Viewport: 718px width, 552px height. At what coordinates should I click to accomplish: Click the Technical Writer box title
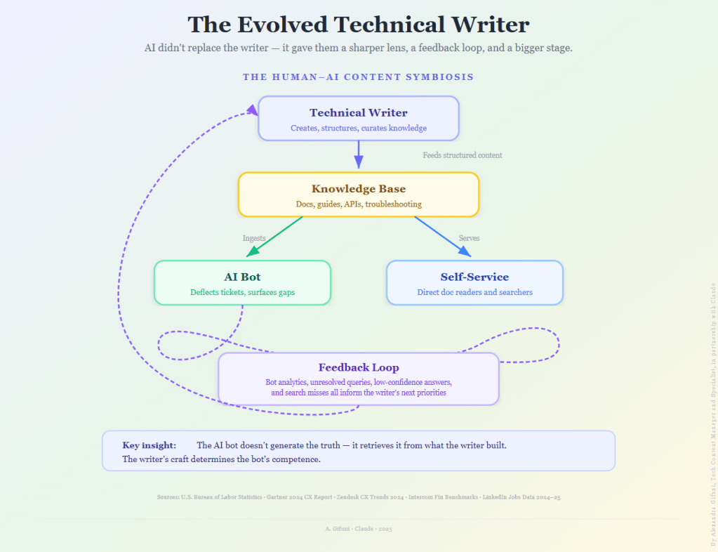point(358,112)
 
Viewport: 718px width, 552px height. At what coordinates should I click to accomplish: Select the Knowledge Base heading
point(358,189)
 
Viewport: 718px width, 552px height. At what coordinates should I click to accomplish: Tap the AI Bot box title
point(242,277)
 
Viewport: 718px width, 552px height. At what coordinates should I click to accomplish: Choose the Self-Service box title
point(474,277)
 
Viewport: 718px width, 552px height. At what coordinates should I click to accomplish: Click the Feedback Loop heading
point(358,367)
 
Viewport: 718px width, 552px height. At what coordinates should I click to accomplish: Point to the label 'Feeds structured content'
point(462,155)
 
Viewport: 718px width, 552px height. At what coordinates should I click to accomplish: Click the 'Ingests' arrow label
point(254,238)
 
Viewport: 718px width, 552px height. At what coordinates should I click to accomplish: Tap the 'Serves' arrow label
point(469,238)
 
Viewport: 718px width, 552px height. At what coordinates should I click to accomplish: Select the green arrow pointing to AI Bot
point(274,237)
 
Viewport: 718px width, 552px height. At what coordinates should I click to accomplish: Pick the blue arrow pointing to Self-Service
point(442,237)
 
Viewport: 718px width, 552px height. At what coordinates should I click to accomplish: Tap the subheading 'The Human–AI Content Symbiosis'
point(358,77)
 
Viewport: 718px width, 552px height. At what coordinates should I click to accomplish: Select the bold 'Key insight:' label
point(149,445)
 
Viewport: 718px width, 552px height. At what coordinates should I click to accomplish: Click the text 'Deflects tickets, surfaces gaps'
point(242,292)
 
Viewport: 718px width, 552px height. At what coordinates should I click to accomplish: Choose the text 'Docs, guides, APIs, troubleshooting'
point(358,204)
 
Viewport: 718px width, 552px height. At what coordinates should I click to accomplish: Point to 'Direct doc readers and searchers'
point(474,292)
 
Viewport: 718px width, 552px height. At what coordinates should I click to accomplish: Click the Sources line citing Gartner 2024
point(358,497)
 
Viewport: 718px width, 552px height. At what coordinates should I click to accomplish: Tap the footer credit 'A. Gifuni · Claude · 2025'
point(358,529)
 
